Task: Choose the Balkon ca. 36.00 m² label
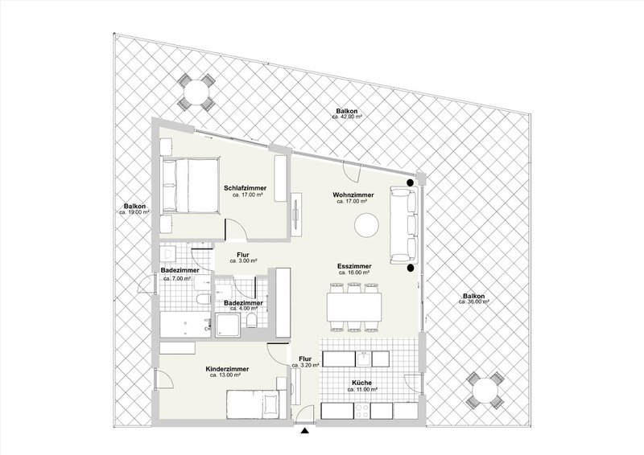(x=472, y=297)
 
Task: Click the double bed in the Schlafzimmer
(x=189, y=184)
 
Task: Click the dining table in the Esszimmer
(x=355, y=306)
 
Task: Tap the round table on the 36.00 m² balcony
(x=484, y=393)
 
